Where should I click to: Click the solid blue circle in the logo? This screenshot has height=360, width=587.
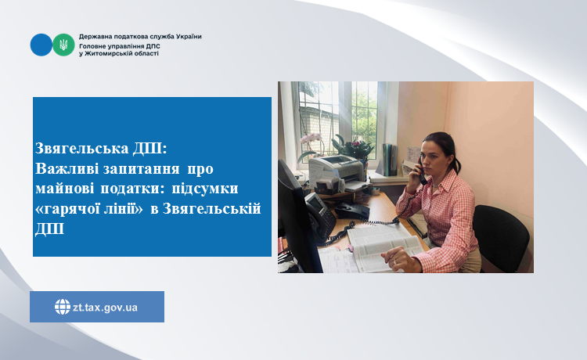[x=41, y=45]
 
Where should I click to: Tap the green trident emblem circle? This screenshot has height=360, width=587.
[x=63, y=45]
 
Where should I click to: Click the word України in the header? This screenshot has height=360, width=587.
[x=189, y=36]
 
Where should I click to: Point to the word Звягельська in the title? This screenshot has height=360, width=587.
[x=81, y=149]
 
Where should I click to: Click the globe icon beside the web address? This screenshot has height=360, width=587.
[x=63, y=307]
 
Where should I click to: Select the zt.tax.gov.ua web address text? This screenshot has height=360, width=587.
[x=105, y=308]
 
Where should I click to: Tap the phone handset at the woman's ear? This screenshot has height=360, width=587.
[x=421, y=171]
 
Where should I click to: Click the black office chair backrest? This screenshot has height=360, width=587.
[x=501, y=235]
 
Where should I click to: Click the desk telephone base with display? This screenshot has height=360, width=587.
[x=319, y=216]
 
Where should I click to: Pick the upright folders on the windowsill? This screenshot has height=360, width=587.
[x=390, y=159]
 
